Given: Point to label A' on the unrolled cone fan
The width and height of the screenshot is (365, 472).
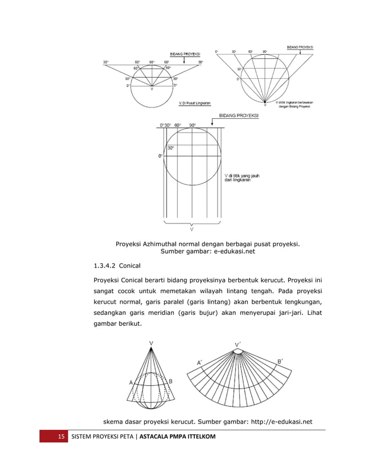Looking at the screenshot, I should pos(200,362).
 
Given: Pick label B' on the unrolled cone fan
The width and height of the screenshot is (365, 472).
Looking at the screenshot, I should pos(280,361).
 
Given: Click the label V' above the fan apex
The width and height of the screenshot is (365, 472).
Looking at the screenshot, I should pos(238,344).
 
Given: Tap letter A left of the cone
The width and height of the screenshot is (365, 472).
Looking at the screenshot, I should pos(131,382).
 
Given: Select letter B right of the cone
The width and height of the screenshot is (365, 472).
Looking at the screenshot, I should pos(170,381).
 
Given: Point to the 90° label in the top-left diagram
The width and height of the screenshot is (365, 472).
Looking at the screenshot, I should pos(152,62).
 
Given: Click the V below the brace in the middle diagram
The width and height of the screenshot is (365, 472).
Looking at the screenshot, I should pos(191,229).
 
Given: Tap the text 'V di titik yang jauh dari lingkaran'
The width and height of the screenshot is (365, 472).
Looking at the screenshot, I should pos(242,178).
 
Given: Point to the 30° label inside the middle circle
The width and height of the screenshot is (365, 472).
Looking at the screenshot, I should pos(170,147).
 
